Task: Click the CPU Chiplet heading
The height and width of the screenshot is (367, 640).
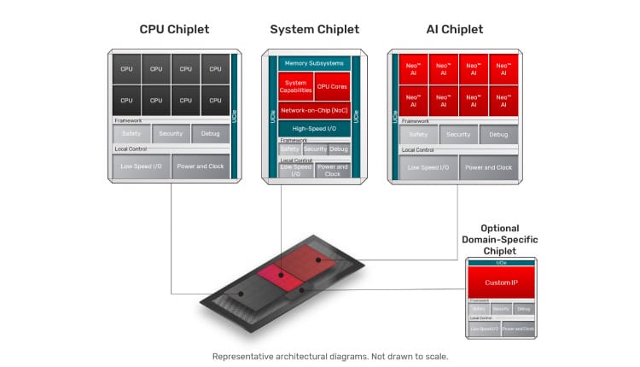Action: click(x=174, y=30)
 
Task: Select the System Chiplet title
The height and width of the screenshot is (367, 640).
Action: click(x=314, y=30)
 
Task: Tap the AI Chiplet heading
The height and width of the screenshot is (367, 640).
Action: click(x=454, y=30)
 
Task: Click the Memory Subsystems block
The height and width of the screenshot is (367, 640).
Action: click(x=313, y=63)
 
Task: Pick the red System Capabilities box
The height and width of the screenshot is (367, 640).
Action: click(x=295, y=86)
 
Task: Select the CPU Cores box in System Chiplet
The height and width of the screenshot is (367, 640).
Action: click(x=332, y=86)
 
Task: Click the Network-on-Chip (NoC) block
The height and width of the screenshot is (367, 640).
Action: click(x=313, y=110)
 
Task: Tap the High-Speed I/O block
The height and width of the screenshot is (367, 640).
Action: click(x=313, y=128)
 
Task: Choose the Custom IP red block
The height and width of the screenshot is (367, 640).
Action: click(x=502, y=281)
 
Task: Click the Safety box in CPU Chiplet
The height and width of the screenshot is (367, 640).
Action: click(x=131, y=134)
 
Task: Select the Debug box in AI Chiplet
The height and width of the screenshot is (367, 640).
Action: click(x=498, y=134)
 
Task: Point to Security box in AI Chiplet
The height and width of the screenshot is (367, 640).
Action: click(x=458, y=134)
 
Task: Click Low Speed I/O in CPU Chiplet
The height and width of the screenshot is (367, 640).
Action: click(x=141, y=166)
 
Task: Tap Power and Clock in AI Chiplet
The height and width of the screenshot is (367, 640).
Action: click(x=489, y=166)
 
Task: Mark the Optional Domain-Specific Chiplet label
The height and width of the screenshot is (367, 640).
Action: click(x=500, y=240)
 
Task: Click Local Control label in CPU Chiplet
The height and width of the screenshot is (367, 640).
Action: click(x=131, y=149)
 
